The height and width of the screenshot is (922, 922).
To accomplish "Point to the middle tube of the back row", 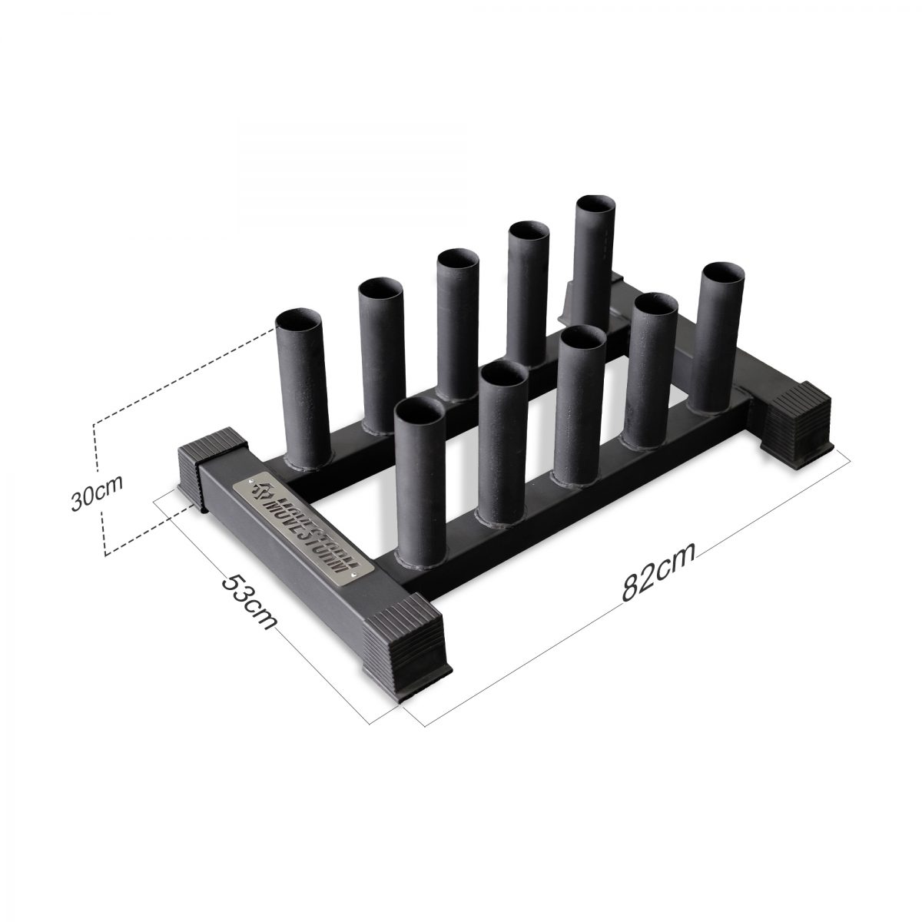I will pyautogui.click(x=458, y=323).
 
